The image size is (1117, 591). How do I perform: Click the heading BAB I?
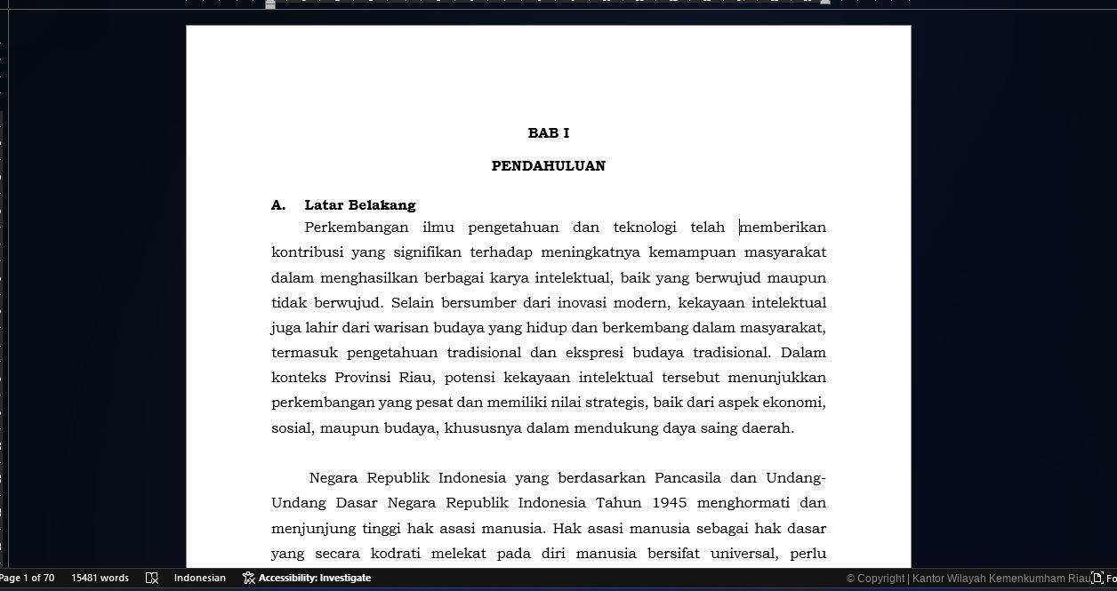pyautogui.click(x=548, y=133)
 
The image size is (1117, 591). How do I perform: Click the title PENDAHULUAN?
pyautogui.click(x=548, y=166)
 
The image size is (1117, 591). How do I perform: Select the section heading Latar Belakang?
pyautogui.click(x=359, y=205)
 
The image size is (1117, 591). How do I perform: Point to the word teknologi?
pyautogui.click(x=644, y=228)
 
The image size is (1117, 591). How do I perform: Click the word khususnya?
pyautogui.click(x=483, y=428)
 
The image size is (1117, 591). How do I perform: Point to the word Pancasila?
pyautogui.click(x=687, y=478)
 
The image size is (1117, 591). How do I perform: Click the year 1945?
pyautogui.click(x=669, y=503)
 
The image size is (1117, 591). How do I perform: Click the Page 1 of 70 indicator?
pyautogui.click(x=27, y=578)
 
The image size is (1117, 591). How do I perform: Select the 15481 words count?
pyautogui.click(x=100, y=578)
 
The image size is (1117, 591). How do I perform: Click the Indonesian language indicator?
pyautogui.click(x=199, y=578)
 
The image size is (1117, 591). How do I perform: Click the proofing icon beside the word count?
pyautogui.click(x=151, y=578)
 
